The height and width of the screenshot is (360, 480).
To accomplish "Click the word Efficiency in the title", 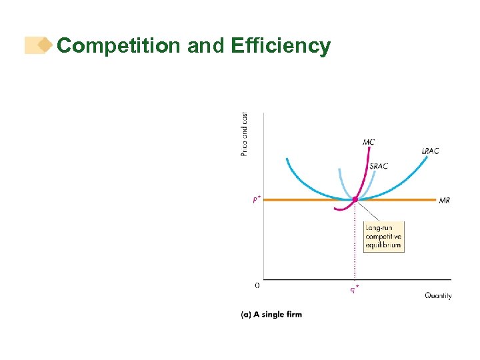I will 280,46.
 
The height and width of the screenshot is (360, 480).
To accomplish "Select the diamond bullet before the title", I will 45,45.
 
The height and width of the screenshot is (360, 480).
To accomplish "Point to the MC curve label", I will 369,141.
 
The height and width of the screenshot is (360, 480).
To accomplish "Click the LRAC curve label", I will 430,151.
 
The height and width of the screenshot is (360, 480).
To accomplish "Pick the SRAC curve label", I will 379,166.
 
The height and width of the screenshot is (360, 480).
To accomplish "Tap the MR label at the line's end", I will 445,200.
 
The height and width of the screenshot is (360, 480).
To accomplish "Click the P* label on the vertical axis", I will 257,199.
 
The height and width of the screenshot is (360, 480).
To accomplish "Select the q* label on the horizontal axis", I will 355,289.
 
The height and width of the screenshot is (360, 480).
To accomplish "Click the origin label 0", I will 257,285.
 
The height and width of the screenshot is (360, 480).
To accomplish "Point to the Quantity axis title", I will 438,295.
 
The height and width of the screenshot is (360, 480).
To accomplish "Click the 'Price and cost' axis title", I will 245,134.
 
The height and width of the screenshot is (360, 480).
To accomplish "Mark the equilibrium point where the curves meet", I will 355,199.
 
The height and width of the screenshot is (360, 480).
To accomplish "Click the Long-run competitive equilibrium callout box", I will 383,237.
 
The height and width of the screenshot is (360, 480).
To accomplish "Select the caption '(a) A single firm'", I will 271,314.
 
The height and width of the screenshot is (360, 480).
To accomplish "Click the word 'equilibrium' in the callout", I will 383,245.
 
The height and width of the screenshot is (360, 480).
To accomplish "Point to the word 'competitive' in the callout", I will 383,237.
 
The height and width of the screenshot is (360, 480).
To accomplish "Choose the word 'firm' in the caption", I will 293,314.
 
